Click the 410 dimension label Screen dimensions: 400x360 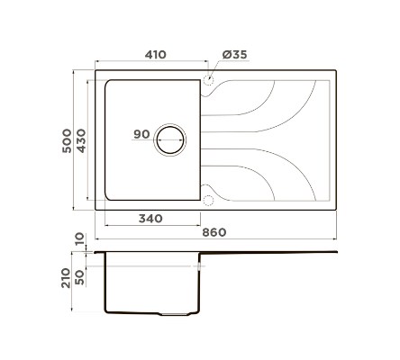point(155,55)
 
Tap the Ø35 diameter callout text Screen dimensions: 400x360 point(234,55)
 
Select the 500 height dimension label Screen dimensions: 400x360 point(67,140)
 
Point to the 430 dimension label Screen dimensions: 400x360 point(81,140)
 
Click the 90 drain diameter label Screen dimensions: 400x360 point(141,134)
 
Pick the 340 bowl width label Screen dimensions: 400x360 point(150,219)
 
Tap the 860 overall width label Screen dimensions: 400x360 point(214,232)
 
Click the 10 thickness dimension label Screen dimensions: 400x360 point(80,239)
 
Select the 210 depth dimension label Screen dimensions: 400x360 point(66,278)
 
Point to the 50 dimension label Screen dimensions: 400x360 point(80,277)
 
